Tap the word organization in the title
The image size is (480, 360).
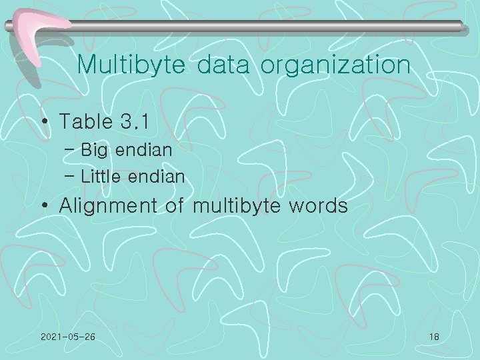click(x=335, y=65)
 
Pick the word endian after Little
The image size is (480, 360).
click(x=157, y=177)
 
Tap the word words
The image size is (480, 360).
click(x=318, y=206)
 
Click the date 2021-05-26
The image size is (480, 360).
click(x=67, y=337)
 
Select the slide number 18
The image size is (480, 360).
click(x=434, y=337)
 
